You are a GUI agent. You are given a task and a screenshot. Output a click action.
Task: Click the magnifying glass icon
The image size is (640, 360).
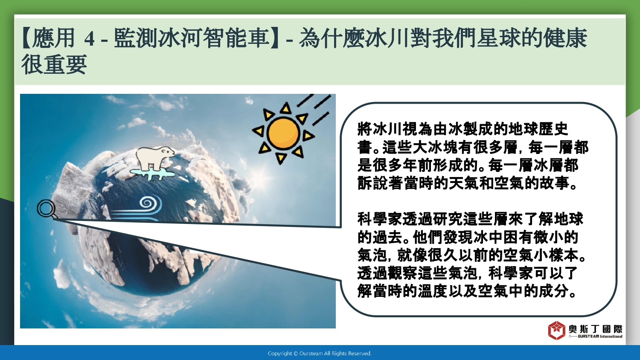tap(47, 209)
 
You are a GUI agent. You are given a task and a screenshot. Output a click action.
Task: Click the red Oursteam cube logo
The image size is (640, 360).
tap(556, 330)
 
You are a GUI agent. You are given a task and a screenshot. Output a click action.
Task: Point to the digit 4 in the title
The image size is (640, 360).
tap(90, 38)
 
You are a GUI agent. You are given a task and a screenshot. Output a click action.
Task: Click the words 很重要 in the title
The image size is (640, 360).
tap(54, 65)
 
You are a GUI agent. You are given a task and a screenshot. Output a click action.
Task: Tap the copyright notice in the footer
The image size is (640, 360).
tap(320, 354)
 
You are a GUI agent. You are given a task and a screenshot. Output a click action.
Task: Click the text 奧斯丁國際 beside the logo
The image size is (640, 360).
tap(596, 329)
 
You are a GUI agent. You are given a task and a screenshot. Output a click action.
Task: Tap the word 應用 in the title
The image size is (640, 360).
tap(53, 38)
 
